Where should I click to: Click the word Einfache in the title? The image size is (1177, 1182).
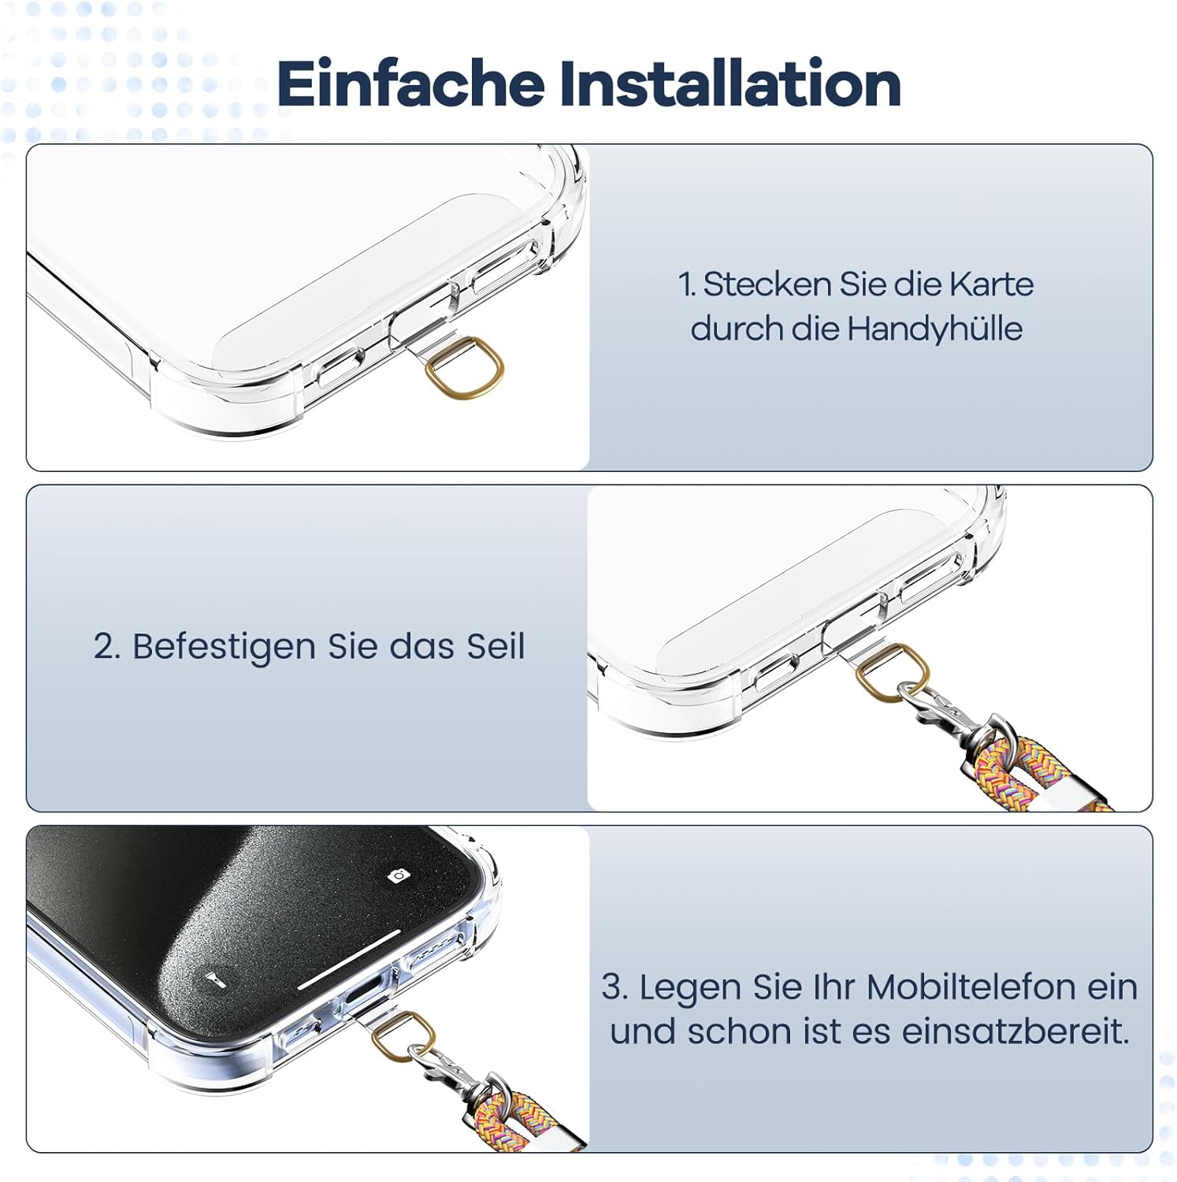(x=410, y=84)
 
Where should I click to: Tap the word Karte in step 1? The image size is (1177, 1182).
(x=990, y=284)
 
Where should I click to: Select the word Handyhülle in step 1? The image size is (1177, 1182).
(x=934, y=329)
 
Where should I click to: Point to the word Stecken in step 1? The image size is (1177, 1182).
(x=767, y=284)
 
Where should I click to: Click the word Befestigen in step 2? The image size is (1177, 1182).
(x=225, y=647)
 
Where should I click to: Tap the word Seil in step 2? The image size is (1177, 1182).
(x=495, y=646)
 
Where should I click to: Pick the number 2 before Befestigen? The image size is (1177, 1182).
(x=106, y=646)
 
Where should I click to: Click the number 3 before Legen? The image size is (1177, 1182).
(x=613, y=987)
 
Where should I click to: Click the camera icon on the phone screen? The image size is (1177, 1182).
(x=399, y=875)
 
